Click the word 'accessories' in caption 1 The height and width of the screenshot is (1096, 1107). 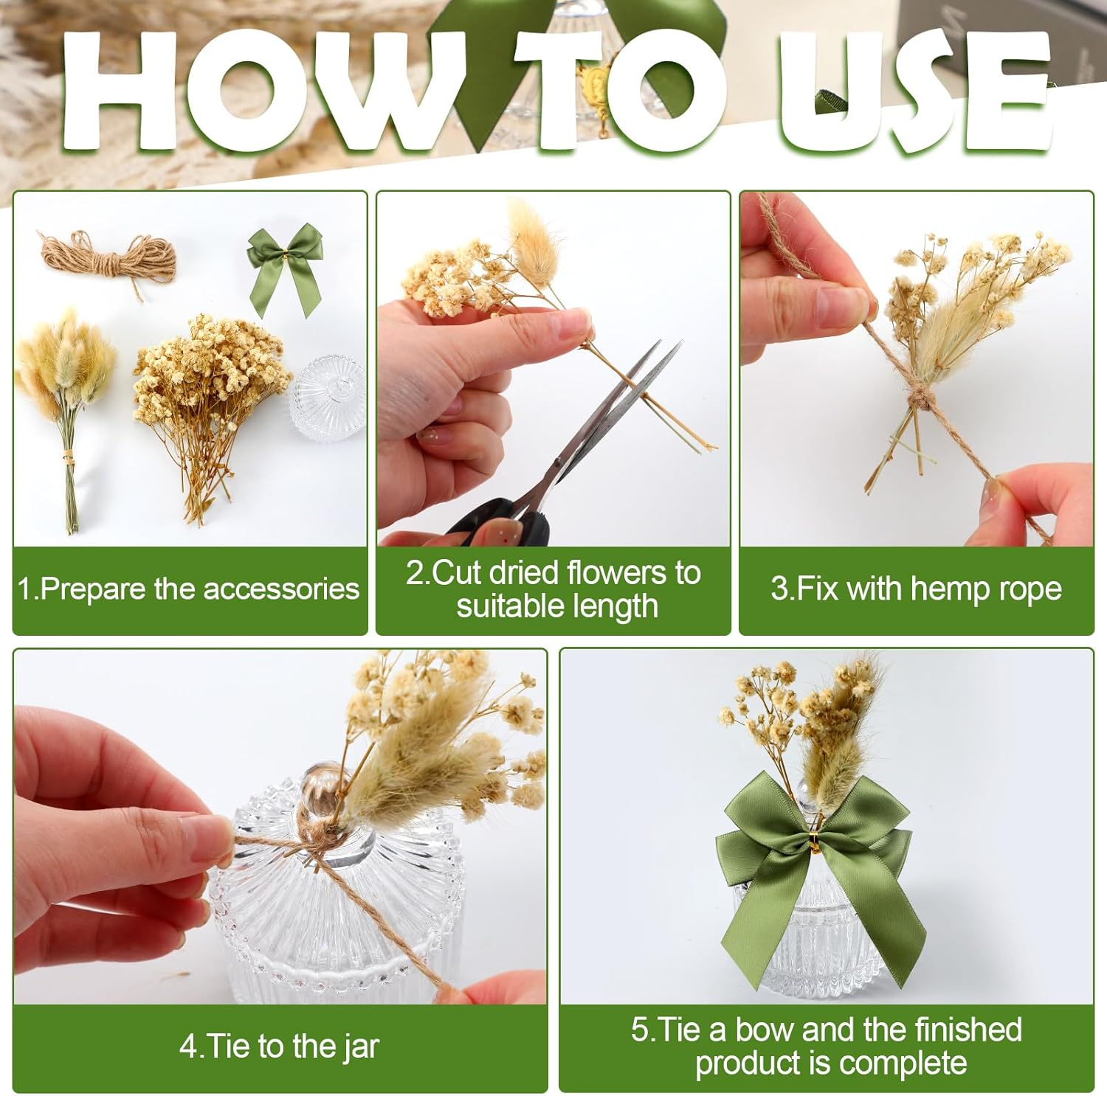click(x=280, y=589)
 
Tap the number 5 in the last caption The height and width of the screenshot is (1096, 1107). click(x=639, y=1030)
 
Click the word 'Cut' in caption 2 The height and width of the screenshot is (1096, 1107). click(x=457, y=573)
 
